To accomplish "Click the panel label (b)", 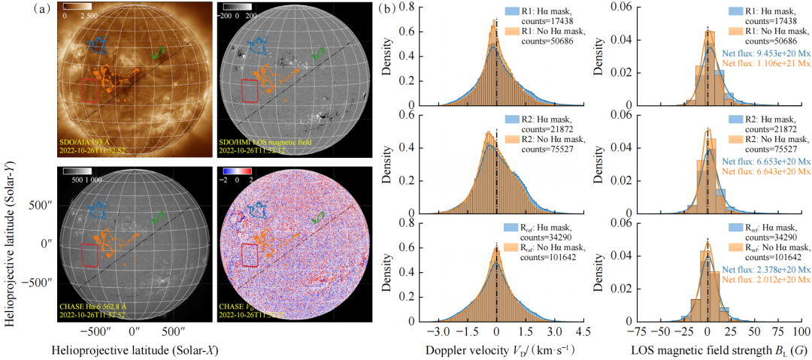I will pyautogui.click(x=384, y=10).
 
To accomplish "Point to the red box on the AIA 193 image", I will pyautogui.click(x=90, y=90).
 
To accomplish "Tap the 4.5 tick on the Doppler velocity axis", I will pyautogui.click(x=583, y=331).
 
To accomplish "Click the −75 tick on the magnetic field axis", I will pyautogui.click(x=638, y=331).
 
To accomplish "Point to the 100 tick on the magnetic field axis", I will pyautogui.click(x=801, y=331).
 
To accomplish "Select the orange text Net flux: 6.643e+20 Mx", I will pyautogui.click(x=762, y=172).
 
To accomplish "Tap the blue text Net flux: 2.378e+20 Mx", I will pyautogui.click(x=762, y=269).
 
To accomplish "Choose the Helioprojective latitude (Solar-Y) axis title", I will pyautogui.click(x=12, y=225).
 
